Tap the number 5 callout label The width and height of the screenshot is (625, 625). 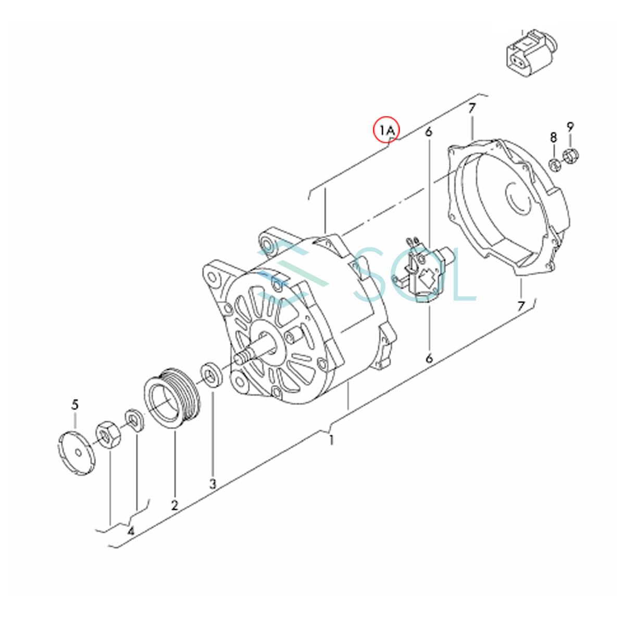click(x=75, y=405)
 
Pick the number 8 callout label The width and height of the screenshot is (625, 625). click(x=554, y=137)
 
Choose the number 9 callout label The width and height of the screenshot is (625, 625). click(x=570, y=127)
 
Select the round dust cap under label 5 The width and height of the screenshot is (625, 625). click(x=77, y=452)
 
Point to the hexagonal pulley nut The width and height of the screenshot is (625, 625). click(x=109, y=434)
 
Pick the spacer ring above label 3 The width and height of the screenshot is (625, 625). click(x=211, y=374)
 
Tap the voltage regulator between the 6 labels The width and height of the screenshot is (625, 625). click(x=422, y=270)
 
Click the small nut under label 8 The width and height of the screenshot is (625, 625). click(x=555, y=165)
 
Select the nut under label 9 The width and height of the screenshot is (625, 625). click(x=570, y=156)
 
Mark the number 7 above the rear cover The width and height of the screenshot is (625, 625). click(x=472, y=108)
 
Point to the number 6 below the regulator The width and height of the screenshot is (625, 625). click(x=429, y=358)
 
